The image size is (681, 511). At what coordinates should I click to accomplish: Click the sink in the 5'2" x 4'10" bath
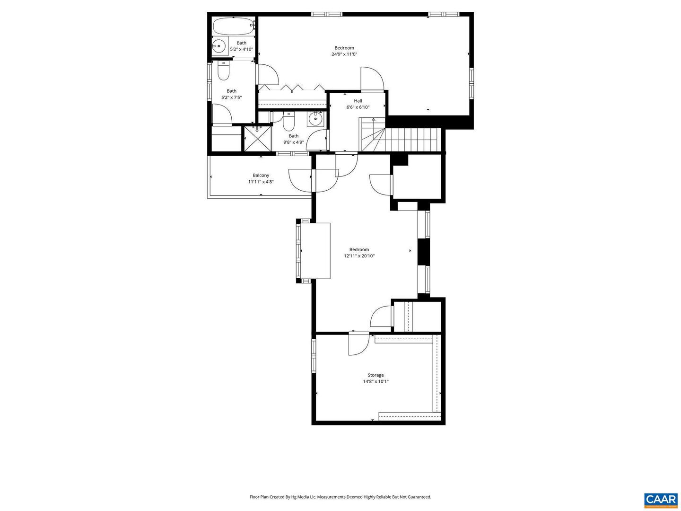[x=218, y=46]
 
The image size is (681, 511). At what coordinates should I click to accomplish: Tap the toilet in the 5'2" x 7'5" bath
[x=223, y=72]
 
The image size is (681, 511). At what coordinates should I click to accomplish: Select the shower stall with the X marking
[x=258, y=138]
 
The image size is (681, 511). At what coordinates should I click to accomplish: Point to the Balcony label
[x=261, y=175]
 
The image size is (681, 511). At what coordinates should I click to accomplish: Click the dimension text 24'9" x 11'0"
[x=344, y=54]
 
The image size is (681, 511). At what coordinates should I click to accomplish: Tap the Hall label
[x=358, y=101]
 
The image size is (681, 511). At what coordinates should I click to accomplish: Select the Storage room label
[x=375, y=375]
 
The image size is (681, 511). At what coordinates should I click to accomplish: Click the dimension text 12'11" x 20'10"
[x=359, y=256]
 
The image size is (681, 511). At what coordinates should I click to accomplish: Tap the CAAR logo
[x=660, y=500]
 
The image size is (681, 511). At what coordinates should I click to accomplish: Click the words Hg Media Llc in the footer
[x=304, y=497]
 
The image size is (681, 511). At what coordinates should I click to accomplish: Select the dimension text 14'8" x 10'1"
[x=375, y=381]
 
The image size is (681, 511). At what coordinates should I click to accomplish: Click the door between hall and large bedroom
[x=372, y=79]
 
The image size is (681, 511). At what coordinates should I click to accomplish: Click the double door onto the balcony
[x=312, y=180]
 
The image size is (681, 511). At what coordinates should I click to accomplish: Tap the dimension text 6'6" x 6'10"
[x=358, y=107]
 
